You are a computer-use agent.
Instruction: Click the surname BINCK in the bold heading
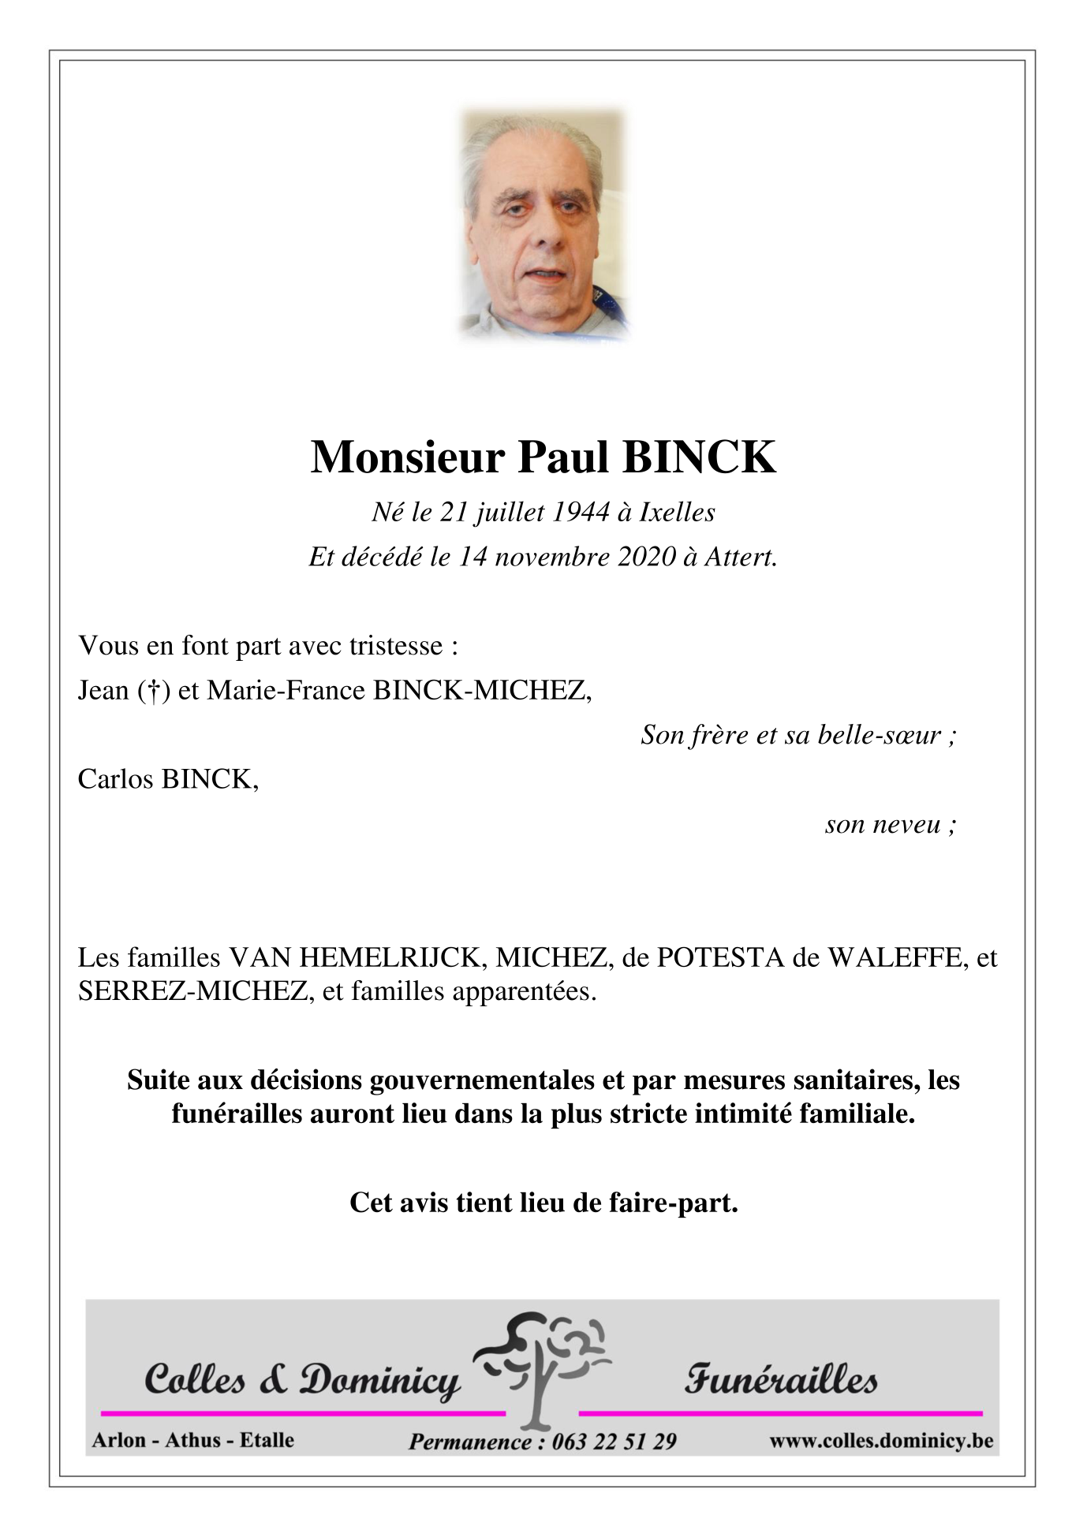[x=699, y=457]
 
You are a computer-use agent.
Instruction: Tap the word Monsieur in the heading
[x=407, y=457]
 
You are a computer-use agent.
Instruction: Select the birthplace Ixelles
[x=677, y=513]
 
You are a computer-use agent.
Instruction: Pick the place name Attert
[x=740, y=557]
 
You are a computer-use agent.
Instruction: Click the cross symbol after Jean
[x=154, y=691]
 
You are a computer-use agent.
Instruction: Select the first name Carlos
[x=116, y=779]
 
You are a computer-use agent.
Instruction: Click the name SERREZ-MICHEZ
[x=192, y=991]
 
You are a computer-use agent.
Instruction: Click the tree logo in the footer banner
[x=543, y=1369]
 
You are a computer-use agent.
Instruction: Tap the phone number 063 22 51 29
[x=614, y=1442]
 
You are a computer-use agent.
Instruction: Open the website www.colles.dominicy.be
[x=880, y=1441]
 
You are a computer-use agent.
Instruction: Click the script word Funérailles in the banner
[x=780, y=1380]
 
